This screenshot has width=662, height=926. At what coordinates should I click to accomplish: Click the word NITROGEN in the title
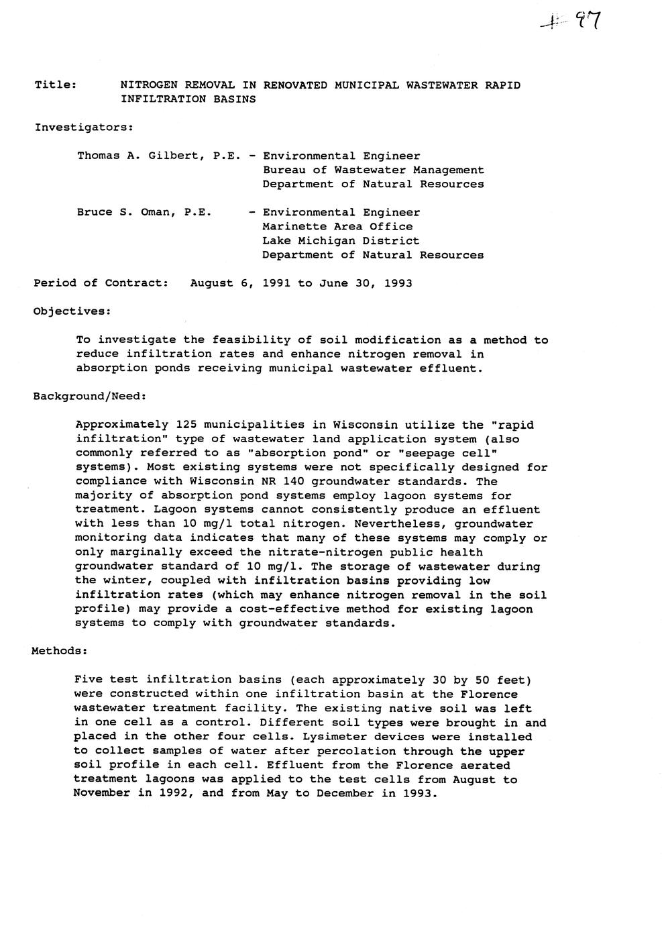(148, 85)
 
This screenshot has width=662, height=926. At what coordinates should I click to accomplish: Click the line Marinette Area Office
(337, 227)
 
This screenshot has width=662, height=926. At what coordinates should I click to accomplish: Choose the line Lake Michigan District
(341, 241)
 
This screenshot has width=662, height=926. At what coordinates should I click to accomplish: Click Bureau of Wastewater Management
(373, 170)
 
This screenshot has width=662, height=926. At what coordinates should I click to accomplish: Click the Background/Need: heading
(89, 397)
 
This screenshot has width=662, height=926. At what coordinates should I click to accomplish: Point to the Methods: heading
(60, 651)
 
